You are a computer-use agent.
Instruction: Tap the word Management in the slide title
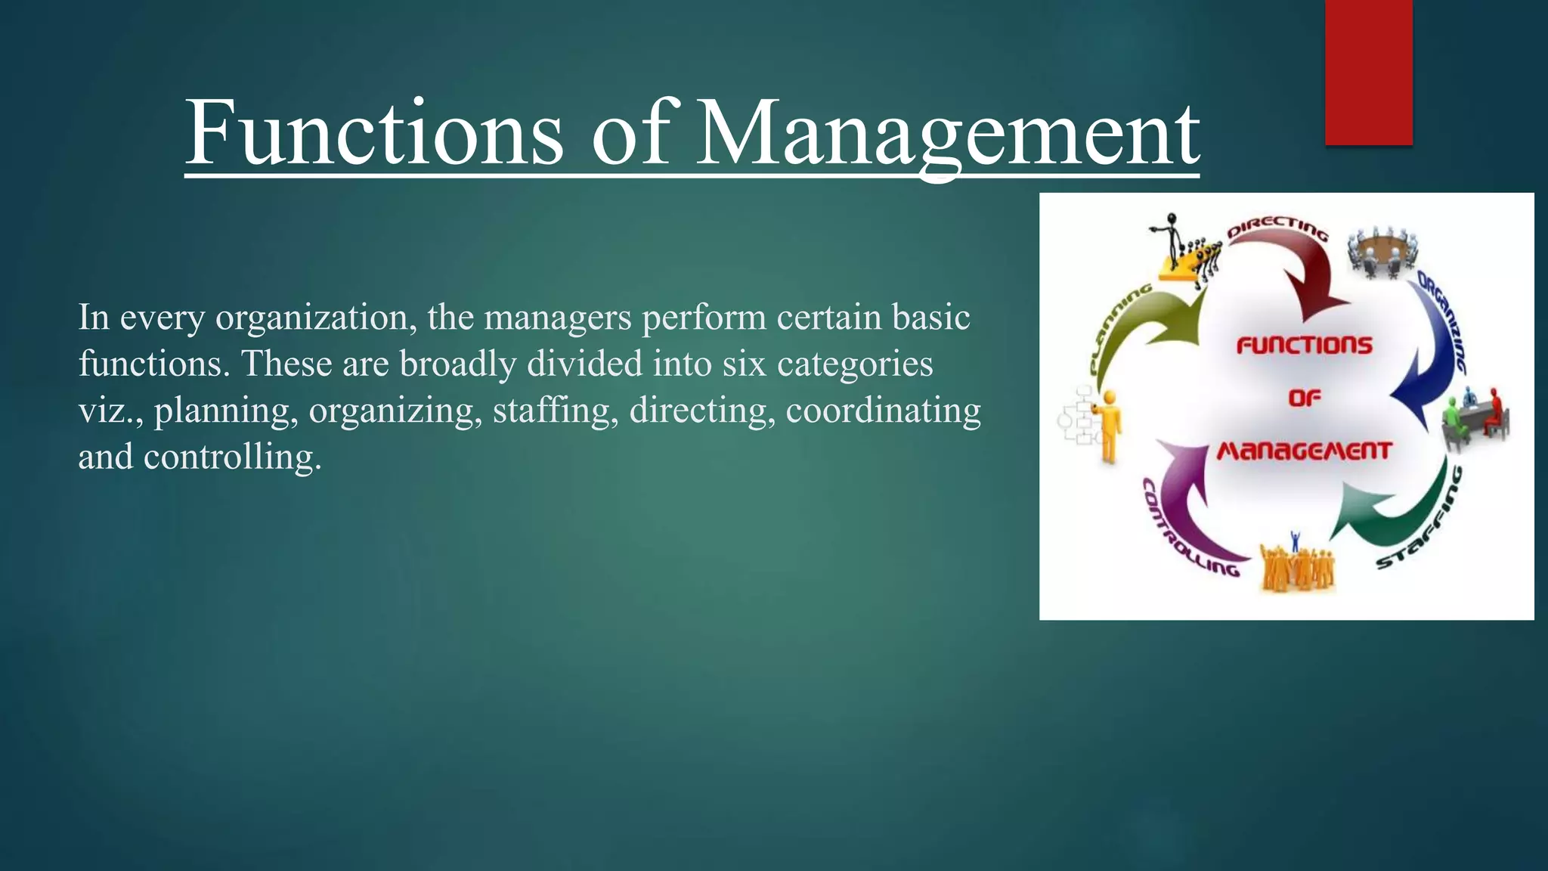tap(946, 135)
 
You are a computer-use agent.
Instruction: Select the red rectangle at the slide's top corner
tap(1368, 72)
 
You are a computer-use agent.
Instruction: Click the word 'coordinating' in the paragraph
tap(883, 411)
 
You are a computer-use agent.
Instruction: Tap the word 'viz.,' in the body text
tap(110, 411)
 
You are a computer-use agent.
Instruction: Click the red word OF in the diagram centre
tap(1305, 398)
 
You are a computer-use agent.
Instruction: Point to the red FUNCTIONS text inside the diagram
tap(1304, 346)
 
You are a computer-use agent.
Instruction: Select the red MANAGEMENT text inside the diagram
tap(1304, 451)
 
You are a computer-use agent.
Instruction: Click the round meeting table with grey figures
tap(1382, 250)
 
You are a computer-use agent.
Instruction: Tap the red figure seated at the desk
tap(1494, 412)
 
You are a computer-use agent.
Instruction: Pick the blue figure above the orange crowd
tap(1295, 540)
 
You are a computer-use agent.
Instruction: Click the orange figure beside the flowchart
tap(1108, 423)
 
